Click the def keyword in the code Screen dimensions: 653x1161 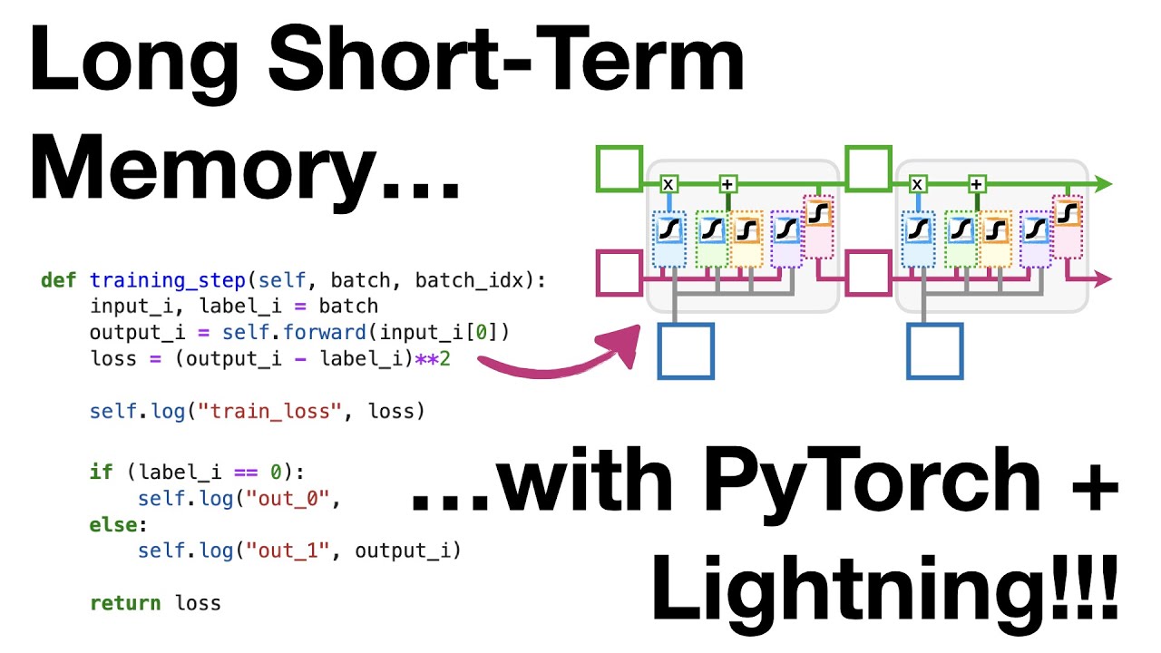(59, 280)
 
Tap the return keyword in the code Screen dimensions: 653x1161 (125, 602)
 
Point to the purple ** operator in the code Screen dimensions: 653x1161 (427, 358)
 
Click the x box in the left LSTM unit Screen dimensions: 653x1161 (668, 184)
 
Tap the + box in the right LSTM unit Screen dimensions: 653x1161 (976, 184)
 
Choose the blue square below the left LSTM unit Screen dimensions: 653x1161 (686, 350)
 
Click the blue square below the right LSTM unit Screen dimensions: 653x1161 (934, 350)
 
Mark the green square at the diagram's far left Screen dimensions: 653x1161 (620, 169)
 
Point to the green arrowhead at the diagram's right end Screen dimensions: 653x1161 (1103, 184)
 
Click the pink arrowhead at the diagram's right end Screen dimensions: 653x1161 (1103, 278)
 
